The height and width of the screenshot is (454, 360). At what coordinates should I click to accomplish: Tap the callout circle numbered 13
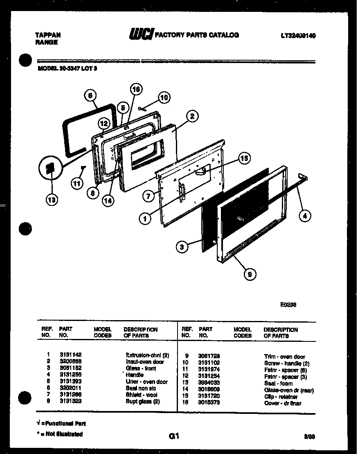pyautogui.click(x=52, y=200)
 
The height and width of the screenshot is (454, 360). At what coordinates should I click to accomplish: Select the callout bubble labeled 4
pyautogui.click(x=305, y=216)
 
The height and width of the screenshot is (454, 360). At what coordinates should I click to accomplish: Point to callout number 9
pyautogui.click(x=250, y=275)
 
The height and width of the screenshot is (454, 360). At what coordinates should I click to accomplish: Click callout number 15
pyautogui.click(x=244, y=158)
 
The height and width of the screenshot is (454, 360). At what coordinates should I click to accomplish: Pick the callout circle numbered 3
pyautogui.click(x=182, y=246)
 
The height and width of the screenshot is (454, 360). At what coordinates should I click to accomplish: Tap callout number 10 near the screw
pyautogui.click(x=164, y=97)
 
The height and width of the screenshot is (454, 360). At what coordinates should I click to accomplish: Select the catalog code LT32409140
pyautogui.click(x=298, y=36)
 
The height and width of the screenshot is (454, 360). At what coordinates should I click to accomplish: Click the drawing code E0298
pyautogui.click(x=288, y=305)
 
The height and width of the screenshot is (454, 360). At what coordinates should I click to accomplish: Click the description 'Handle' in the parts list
pyautogui.click(x=135, y=375)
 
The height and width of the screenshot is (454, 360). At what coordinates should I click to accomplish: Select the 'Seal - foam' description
pyautogui.click(x=278, y=384)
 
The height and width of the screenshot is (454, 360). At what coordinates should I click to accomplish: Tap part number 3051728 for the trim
pyautogui.click(x=209, y=357)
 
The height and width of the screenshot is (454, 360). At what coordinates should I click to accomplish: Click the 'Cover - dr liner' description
pyautogui.click(x=283, y=403)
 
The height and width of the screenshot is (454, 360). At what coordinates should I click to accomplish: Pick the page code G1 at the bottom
pyautogui.click(x=174, y=436)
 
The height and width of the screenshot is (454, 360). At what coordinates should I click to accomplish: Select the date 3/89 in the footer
pyautogui.click(x=310, y=437)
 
